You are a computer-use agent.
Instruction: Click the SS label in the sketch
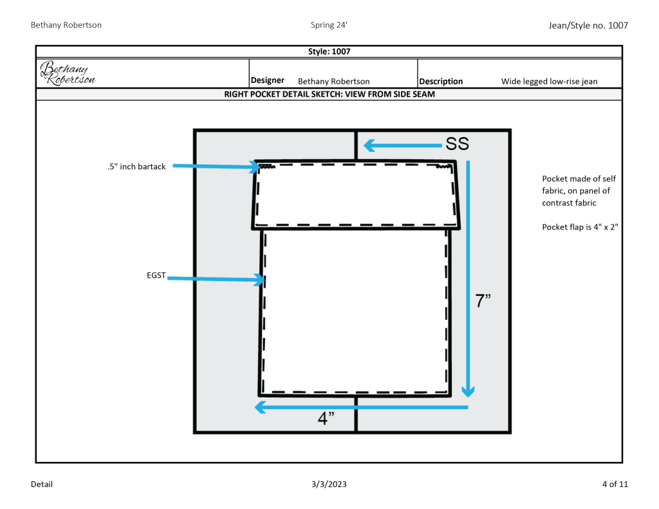pyautogui.click(x=457, y=145)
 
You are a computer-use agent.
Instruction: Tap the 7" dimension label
pyautogui.click(x=483, y=301)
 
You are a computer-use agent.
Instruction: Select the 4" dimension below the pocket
pyautogui.click(x=326, y=418)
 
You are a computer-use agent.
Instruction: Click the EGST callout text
pyautogui.click(x=156, y=275)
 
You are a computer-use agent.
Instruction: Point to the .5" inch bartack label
pyautogui.click(x=136, y=167)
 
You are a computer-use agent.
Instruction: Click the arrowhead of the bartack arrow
pyautogui.click(x=255, y=168)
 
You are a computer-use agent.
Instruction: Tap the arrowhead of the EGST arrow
pyautogui.click(x=260, y=280)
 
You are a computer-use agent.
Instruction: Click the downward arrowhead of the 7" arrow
pyautogui.click(x=469, y=391)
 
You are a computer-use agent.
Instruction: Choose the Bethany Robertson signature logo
pyautogui.click(x=68, y=73)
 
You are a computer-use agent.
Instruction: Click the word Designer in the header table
pyautogui.click(x=268, y=80)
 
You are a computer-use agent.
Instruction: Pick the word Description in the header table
pyautogui.click(x=441, y=82)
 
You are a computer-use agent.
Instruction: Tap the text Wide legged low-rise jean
pyautogui.click(x=549, y=82)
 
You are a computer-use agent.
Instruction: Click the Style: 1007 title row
pyautogui.click(x=329, y=51)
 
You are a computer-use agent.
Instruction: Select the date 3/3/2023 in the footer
pyautogui.click(x=329, y=484)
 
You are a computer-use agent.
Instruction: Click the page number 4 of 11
pyautogui.click(x=612, y=484)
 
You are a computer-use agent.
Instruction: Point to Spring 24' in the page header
pyautogui.click(x=329, y=25)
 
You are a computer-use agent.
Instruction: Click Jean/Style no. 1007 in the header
pyautogui.click(x=588, y=25)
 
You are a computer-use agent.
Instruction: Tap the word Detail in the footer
pyautogui.click(x=42, y=484)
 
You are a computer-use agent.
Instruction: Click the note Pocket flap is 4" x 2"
pyautogui.click(x=580, y=227)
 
